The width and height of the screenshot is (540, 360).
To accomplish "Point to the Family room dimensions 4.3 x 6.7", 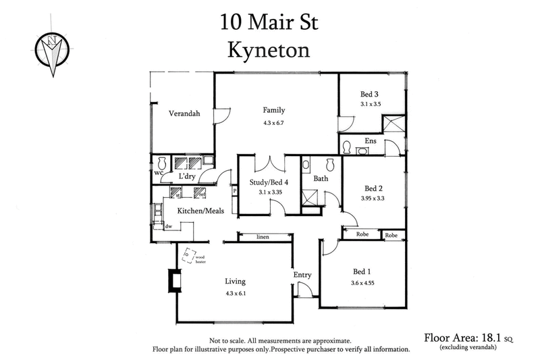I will (275, 124).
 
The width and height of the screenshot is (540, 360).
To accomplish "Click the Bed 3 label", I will (370, 95).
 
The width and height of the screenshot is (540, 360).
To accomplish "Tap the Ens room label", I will (370, 140).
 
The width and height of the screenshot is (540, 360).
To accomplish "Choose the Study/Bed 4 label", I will (268, 182).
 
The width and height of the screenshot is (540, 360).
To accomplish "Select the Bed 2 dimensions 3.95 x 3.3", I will (375, 199).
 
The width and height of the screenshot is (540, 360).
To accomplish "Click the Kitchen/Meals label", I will (200, 211).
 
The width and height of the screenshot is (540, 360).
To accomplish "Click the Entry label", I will (302, 275).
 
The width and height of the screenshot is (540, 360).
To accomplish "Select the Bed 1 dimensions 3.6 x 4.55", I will (362, 283).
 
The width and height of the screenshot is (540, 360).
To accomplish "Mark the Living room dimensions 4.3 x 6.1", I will (236, 294).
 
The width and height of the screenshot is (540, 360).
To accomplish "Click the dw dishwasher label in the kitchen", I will (168, 227).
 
